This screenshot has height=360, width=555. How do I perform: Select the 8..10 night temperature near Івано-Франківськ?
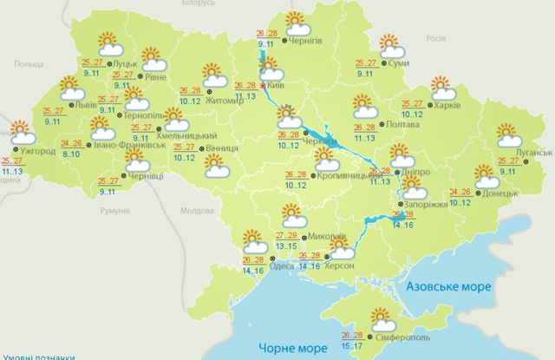72,154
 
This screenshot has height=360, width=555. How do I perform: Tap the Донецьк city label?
500,193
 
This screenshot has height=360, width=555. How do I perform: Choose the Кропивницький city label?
347,175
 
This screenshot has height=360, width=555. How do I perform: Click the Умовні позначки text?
38,356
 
